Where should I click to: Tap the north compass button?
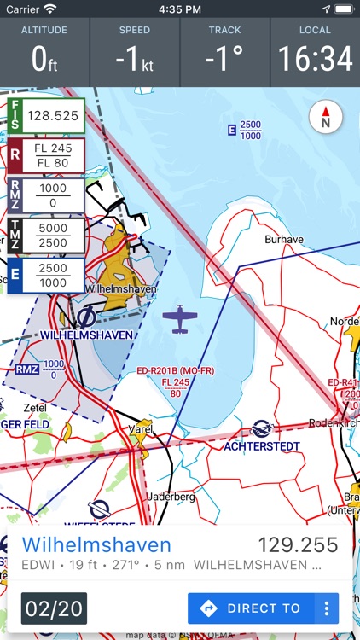[325, 118]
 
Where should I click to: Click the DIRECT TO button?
[253, 608]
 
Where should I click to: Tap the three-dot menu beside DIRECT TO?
[326, 608]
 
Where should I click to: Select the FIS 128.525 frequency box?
[46, 115]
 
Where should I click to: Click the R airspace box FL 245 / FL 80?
[46, 155]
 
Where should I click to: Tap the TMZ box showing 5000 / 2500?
[46, 236]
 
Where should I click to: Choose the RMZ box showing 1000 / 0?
[46, 195]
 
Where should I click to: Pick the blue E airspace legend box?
[46, 276]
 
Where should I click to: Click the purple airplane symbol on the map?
[180, 319]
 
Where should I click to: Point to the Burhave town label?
[284, 240]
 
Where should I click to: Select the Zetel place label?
[35, 408]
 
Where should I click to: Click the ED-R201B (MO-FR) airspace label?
[177, 372]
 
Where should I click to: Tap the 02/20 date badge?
[54, 608]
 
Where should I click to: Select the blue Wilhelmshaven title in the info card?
[96, 545]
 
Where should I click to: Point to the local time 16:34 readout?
[315, 60]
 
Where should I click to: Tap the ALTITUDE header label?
[44, 30]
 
